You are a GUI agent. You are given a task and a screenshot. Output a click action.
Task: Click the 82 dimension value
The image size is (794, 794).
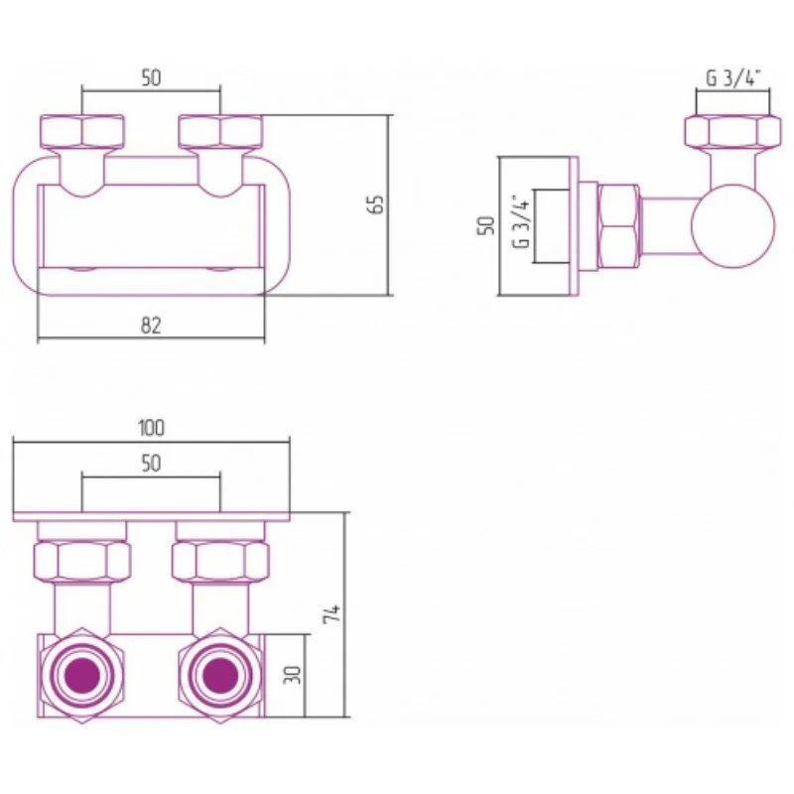[x=151, y=326]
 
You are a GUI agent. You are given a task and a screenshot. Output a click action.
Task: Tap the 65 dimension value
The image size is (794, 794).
[x=376, y=204]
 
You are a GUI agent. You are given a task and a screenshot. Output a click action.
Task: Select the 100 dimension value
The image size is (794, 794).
[x=151, y=428]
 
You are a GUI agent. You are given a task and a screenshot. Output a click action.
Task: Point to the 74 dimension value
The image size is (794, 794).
[x=332, y=613]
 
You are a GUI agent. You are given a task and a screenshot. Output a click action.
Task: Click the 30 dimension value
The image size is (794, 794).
[x=292, y=675]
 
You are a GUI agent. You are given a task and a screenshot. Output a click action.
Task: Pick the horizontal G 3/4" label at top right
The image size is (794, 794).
[x=733, y=78]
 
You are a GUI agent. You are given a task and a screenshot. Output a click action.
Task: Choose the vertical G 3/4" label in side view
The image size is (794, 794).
[x=522, y=221]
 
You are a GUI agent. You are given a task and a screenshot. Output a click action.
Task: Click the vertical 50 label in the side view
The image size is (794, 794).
[x=485, y=225]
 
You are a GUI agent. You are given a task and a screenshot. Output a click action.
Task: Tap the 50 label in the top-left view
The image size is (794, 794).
[x=151, y=78]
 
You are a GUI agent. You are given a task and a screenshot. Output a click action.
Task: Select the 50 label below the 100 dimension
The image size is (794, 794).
[x=151, y=463]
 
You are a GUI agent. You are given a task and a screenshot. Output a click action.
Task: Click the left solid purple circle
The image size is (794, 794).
[x=82, y=676]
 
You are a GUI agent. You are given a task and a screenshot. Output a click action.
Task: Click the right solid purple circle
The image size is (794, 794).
[x=220, y=676]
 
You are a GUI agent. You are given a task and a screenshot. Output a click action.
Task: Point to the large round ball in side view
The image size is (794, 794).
[x=732, y=226]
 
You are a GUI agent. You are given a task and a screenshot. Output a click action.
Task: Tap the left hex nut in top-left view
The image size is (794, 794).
[x=82, y=132]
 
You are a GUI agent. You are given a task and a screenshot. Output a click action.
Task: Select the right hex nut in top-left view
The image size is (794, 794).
[x=220, y=132]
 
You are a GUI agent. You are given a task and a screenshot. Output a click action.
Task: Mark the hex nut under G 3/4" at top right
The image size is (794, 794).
[x=732, y=132]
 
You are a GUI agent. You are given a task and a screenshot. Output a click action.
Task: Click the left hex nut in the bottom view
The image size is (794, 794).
[x=82, y=561]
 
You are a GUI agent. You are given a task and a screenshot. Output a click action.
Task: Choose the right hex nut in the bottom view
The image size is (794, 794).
[x=220, y=561]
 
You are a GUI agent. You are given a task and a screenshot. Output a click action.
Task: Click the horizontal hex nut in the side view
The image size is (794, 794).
[x=617, y=226]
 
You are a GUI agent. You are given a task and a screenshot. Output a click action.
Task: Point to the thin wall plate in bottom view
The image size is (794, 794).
[x=152, y=517]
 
